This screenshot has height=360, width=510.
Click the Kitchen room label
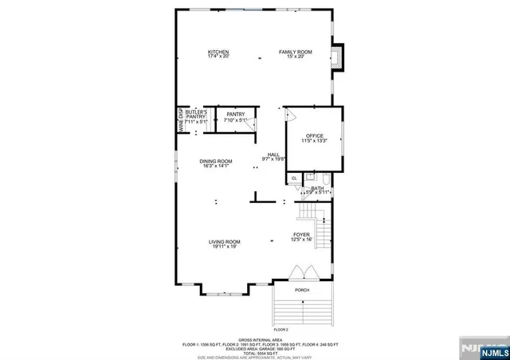point(218,54)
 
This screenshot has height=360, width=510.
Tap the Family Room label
point(295,54)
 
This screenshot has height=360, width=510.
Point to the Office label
point(315,138)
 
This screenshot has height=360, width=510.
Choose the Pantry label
point(236,116)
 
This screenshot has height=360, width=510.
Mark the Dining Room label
point(216,163)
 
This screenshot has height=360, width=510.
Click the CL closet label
point(294,178)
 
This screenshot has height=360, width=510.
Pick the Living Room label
point(226,244)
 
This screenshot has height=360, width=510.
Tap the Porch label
point(302,290)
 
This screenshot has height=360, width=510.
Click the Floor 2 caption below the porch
point(280,329)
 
